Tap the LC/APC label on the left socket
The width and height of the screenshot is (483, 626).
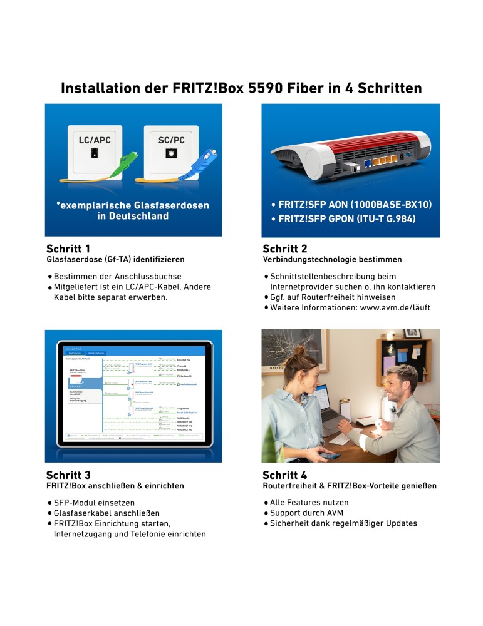(94, 140)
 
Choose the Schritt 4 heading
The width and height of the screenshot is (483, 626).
(285, 475)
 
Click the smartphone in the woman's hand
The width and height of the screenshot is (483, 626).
(332, 454)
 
